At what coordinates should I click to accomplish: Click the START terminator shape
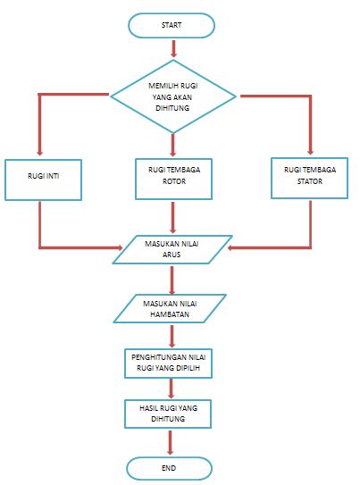(x=171, y=25)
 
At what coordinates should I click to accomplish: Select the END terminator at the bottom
(x=169, y=468)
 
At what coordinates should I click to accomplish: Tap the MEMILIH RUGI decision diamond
(x=173, y=96)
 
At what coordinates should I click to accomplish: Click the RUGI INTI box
(x=43, y=180)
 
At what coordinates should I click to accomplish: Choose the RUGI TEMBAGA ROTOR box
(x=174, y=179)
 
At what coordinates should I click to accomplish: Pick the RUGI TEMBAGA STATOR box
(x=310, y=178)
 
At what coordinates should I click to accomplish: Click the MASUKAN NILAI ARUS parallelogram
(x=172, y=249)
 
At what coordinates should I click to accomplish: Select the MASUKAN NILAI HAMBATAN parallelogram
(x=170, y=308)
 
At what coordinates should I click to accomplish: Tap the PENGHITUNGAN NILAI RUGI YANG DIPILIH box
(x=168, y=364)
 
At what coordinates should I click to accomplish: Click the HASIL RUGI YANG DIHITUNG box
(x=168, y=414)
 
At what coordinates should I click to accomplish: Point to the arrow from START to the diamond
(x=173, y=48)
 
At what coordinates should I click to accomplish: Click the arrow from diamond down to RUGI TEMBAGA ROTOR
(x=173, y=145)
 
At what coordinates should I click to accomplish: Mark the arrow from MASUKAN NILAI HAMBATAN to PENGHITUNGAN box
(x=172, y=336)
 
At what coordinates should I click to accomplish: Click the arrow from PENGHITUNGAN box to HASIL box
(x=171, y=389)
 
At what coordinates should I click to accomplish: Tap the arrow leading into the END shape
(x=170, y=443)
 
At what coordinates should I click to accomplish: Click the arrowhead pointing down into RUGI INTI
(x=39, y=153)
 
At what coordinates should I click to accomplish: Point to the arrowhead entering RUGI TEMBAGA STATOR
(x=311, y=152)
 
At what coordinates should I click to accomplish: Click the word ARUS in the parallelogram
(x=172, y=255)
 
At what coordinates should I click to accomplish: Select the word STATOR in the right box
(x=310, y=181)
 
